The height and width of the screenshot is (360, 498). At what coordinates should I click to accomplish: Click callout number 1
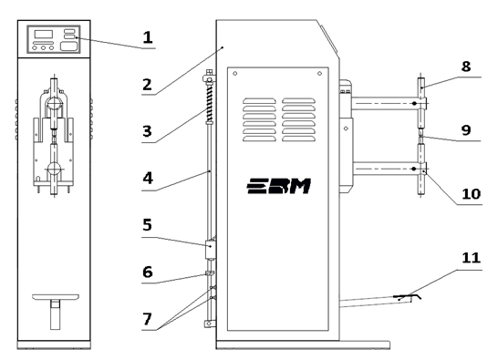click(148, 37)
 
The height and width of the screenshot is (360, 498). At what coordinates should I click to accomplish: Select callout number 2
click(147, 85)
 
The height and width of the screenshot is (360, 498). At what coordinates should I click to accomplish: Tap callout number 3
click(147, 131)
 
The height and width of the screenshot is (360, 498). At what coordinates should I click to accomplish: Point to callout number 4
click(148, 178)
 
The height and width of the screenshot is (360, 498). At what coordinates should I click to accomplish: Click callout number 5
click(147, 225)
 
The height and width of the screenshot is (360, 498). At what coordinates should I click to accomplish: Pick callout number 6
click(148, 273)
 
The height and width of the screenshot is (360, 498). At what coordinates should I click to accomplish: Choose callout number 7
click(147, 319)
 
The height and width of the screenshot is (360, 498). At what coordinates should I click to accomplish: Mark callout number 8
click(466, 67)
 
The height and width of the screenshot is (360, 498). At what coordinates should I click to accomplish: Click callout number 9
click(466, 130)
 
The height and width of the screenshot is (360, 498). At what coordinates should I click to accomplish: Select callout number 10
click(471, 193)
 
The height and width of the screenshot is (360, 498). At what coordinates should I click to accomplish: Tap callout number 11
click(471, 258)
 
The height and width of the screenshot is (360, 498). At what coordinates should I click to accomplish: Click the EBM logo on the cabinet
click(278, 186)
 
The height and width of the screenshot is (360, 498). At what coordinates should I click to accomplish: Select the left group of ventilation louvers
click(259, 119)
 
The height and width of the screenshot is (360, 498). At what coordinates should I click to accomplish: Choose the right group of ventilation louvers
click(298, 119)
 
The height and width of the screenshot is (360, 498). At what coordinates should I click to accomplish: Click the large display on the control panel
click(43, 35)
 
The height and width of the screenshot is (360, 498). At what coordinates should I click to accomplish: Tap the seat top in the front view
click(56, 297)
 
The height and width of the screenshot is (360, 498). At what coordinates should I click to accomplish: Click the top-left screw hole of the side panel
click(235, 74)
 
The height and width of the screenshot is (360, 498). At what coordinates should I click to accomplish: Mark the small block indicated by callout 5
click(210, 250)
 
